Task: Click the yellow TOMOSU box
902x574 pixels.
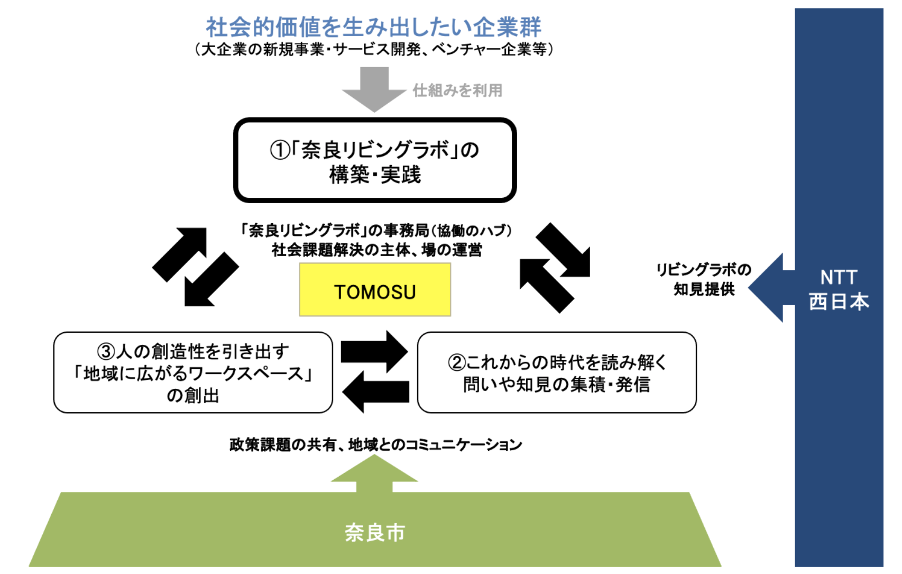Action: tap(375, 290)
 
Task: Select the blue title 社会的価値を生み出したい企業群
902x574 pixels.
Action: tap(373, 26)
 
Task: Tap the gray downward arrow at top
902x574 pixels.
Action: tap(374, 88)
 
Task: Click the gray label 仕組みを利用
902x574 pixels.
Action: tap(457, 90)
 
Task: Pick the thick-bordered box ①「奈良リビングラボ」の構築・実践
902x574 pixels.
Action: tap(374, 160)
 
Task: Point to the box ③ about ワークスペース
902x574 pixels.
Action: tap(193, 372)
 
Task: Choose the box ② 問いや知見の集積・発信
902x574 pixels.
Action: tap(556, 372)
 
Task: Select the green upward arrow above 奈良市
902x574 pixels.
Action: tap(374, 473)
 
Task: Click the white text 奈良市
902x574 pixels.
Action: tap(374, 532)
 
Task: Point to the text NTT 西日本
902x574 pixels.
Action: tap(839, 289)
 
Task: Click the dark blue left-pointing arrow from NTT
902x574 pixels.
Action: tap(769, 287)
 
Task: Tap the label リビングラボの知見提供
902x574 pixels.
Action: tap(704, 279)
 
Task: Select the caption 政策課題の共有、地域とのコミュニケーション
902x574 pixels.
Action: tap(375, 444)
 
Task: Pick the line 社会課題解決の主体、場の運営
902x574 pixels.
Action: tap(376, 250)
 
